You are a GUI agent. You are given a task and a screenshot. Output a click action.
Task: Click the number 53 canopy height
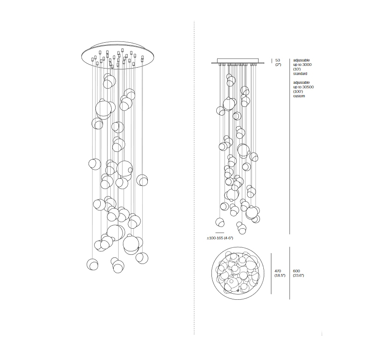point(277,60)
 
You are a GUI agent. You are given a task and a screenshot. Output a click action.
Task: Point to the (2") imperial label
point(278,65)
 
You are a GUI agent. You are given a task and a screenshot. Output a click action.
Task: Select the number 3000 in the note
point(306,65)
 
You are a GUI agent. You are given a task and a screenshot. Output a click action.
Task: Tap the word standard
point(300,74)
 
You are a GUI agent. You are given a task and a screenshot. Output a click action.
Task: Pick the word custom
point(299,96)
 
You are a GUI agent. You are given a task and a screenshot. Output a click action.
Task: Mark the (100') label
point(298,92)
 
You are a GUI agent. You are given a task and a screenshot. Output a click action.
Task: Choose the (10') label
point(297,69)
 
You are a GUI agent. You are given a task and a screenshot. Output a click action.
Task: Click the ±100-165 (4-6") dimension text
point(220,238)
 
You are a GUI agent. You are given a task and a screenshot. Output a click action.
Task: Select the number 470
point(278,271)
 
